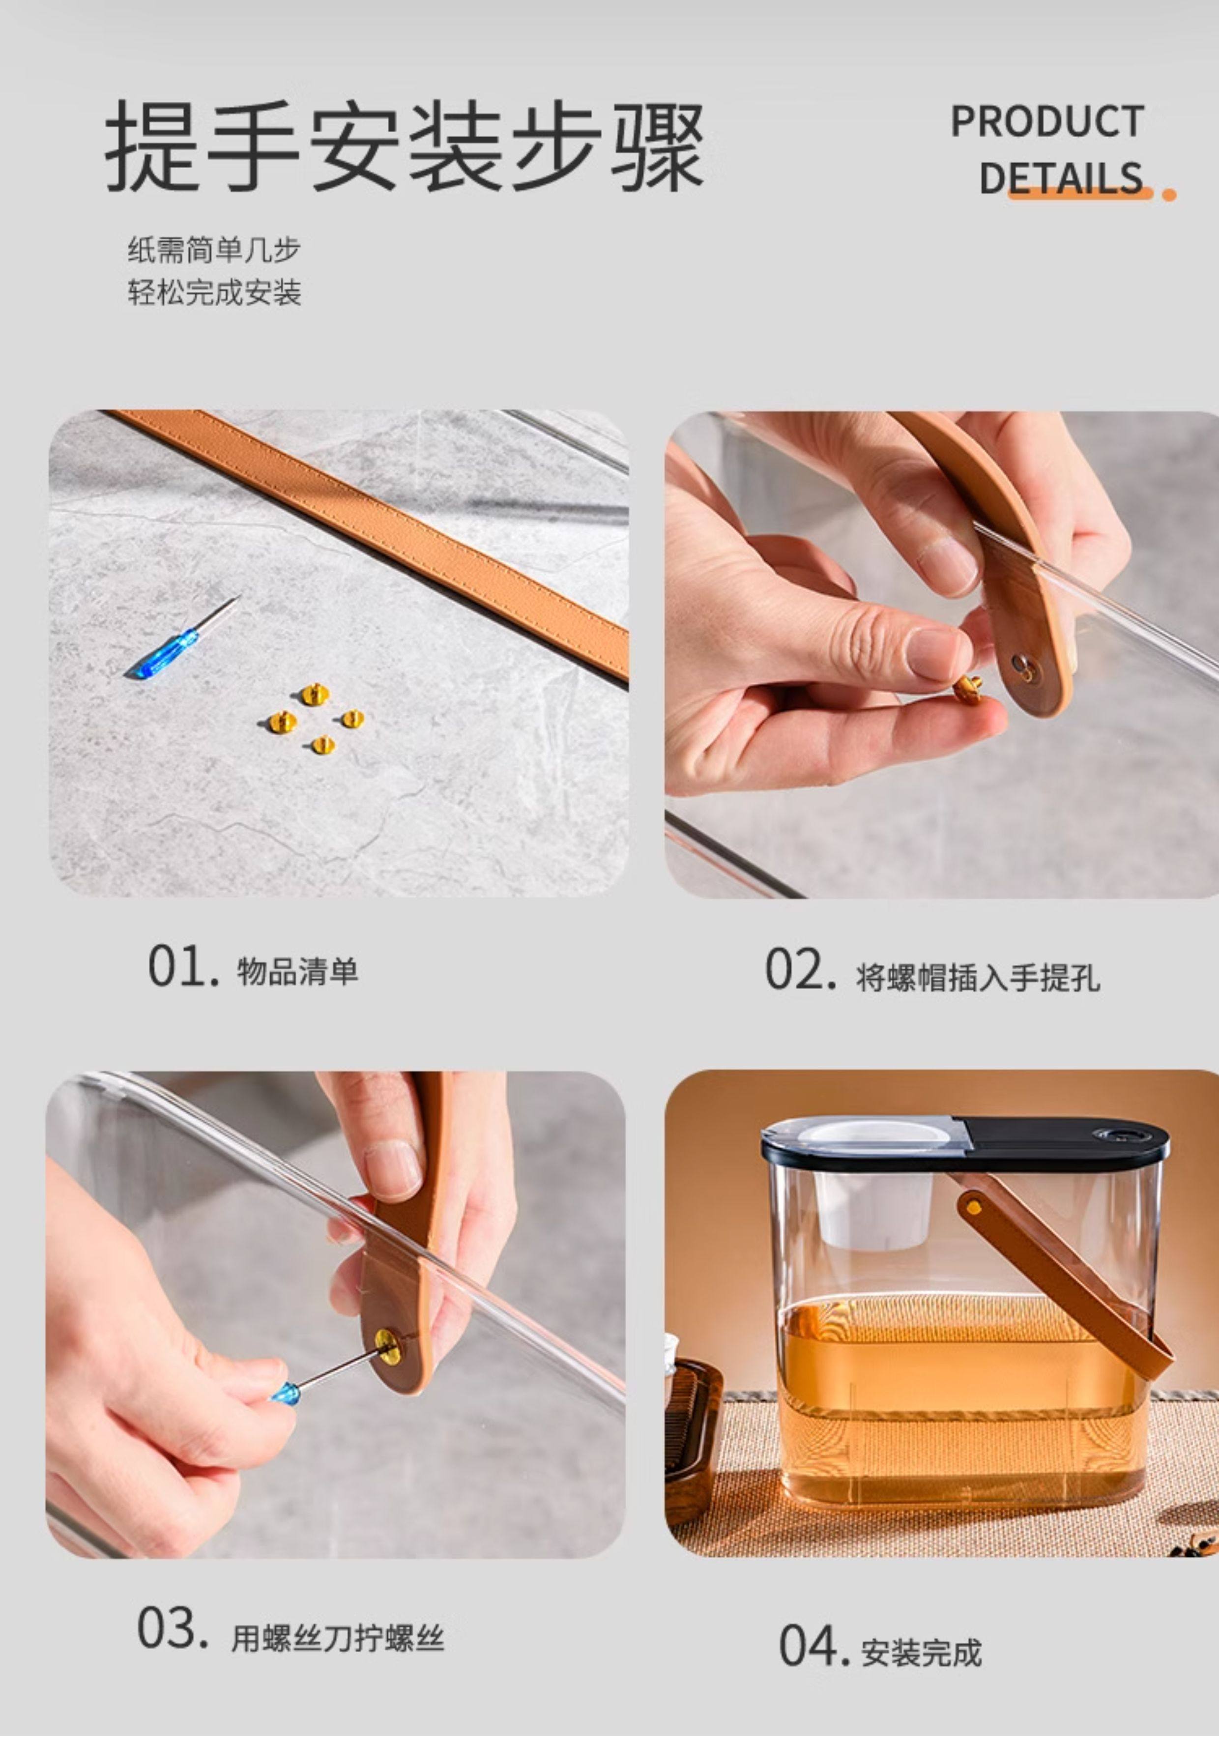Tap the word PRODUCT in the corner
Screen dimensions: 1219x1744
[x=1047, y=121]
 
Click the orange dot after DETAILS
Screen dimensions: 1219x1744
[x=1169, y=195]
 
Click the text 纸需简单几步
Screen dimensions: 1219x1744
[x=214, y=250]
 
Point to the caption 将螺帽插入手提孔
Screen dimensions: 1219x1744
[x=978, y=978]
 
